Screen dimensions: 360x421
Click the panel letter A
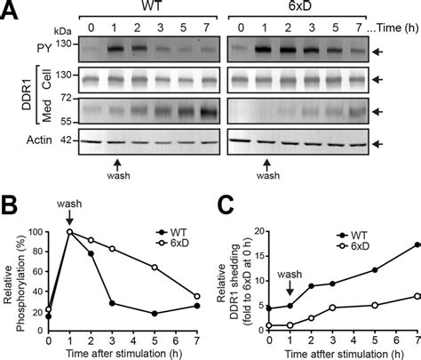click(11, 11)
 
